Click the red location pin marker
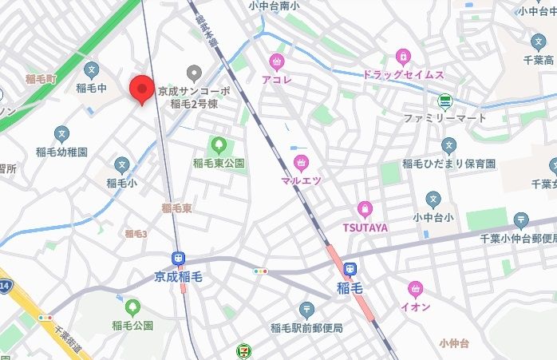tap(141, 88)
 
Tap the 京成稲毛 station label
tap(179, 277)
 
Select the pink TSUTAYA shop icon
tap(365, 209)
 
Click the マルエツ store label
tap(302, 181)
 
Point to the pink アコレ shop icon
tap(277, 61)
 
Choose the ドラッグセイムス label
tap(403, 74)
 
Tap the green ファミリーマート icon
tap(444, 102)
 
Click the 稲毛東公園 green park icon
tap(218, 145)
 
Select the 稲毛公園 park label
tap(132, 326)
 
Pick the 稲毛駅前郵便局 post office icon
tap(306, 310)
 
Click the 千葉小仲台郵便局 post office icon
tap(521, 219)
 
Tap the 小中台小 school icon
tap(433, 199)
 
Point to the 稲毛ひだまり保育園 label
tap(449, 164)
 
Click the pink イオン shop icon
tap(415, 289)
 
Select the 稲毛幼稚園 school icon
tap(61, 134)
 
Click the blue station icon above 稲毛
tap(351, 271)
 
